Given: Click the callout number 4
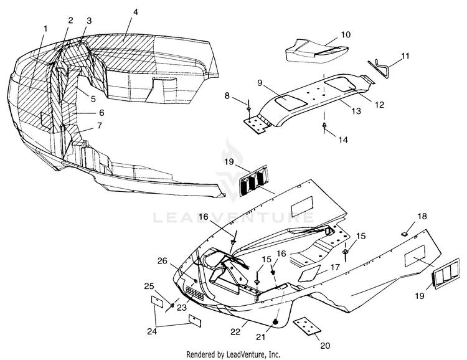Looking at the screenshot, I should pyautogui.click(x=135, y=12).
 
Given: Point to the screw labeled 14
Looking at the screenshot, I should pyautogui.click(x=326, y=126).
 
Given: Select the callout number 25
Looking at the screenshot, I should pyautogui.click(x=149, y=286).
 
